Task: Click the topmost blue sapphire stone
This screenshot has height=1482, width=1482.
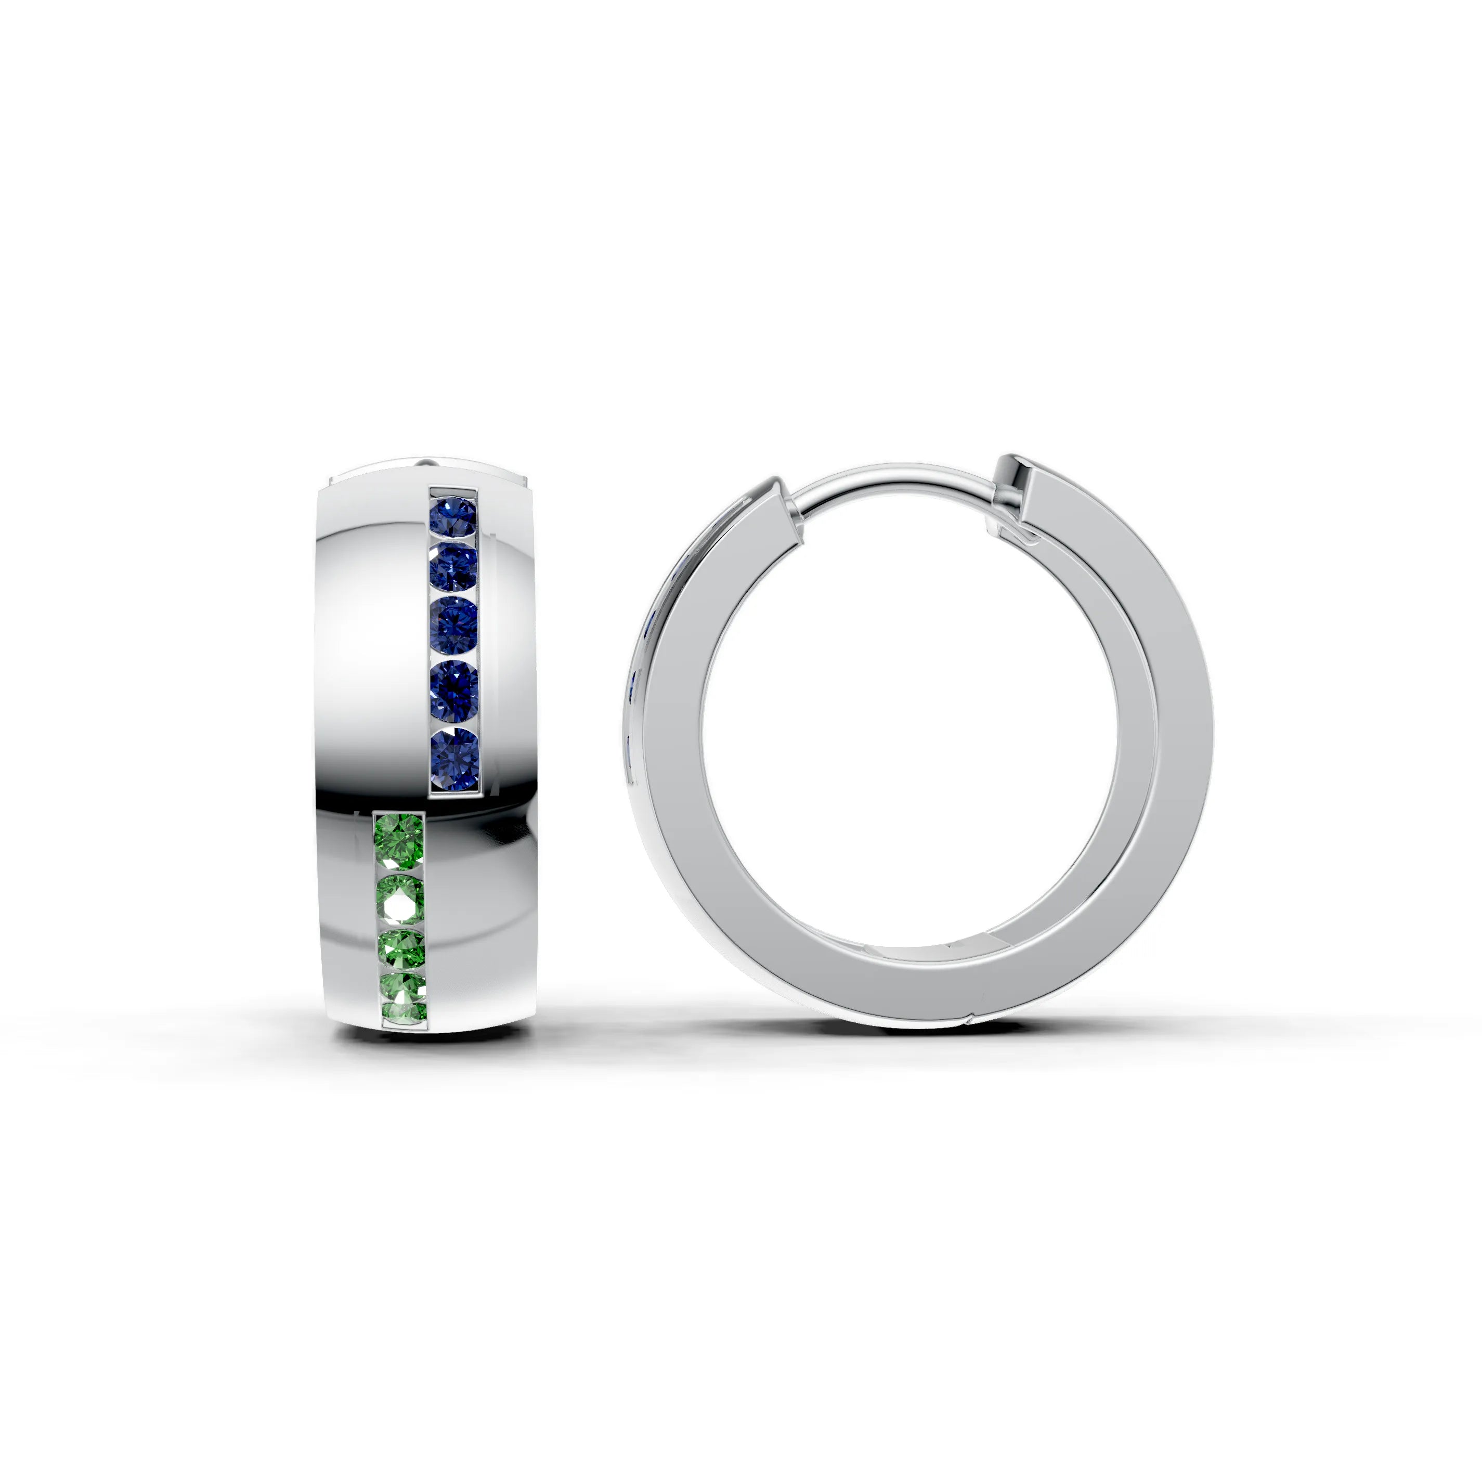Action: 453,515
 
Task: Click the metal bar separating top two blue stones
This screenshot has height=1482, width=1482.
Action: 453,541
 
